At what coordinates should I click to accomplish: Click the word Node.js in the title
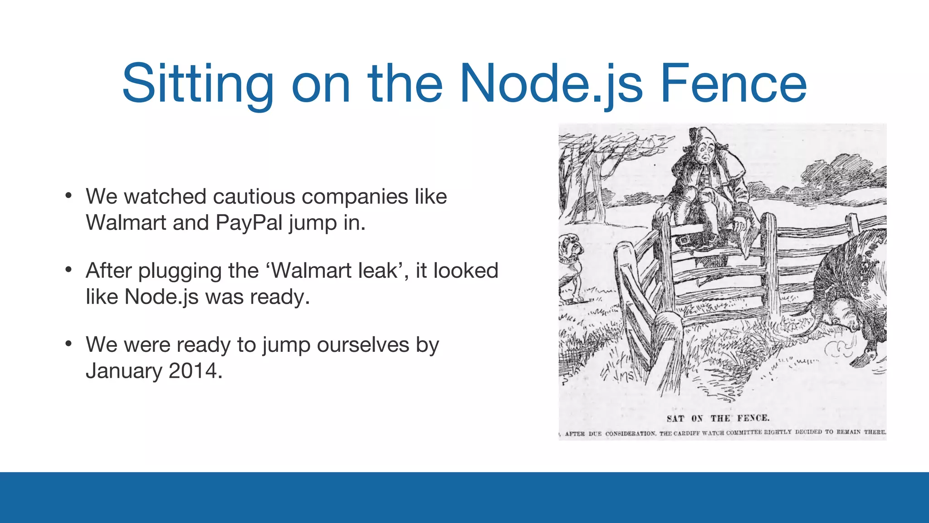551,84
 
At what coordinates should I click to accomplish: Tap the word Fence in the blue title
733,84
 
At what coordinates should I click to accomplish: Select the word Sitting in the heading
198,84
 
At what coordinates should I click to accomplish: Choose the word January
124,371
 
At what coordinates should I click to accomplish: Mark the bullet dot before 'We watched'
68,196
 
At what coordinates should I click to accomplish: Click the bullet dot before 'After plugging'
68,270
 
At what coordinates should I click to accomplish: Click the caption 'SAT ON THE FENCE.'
718,418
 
